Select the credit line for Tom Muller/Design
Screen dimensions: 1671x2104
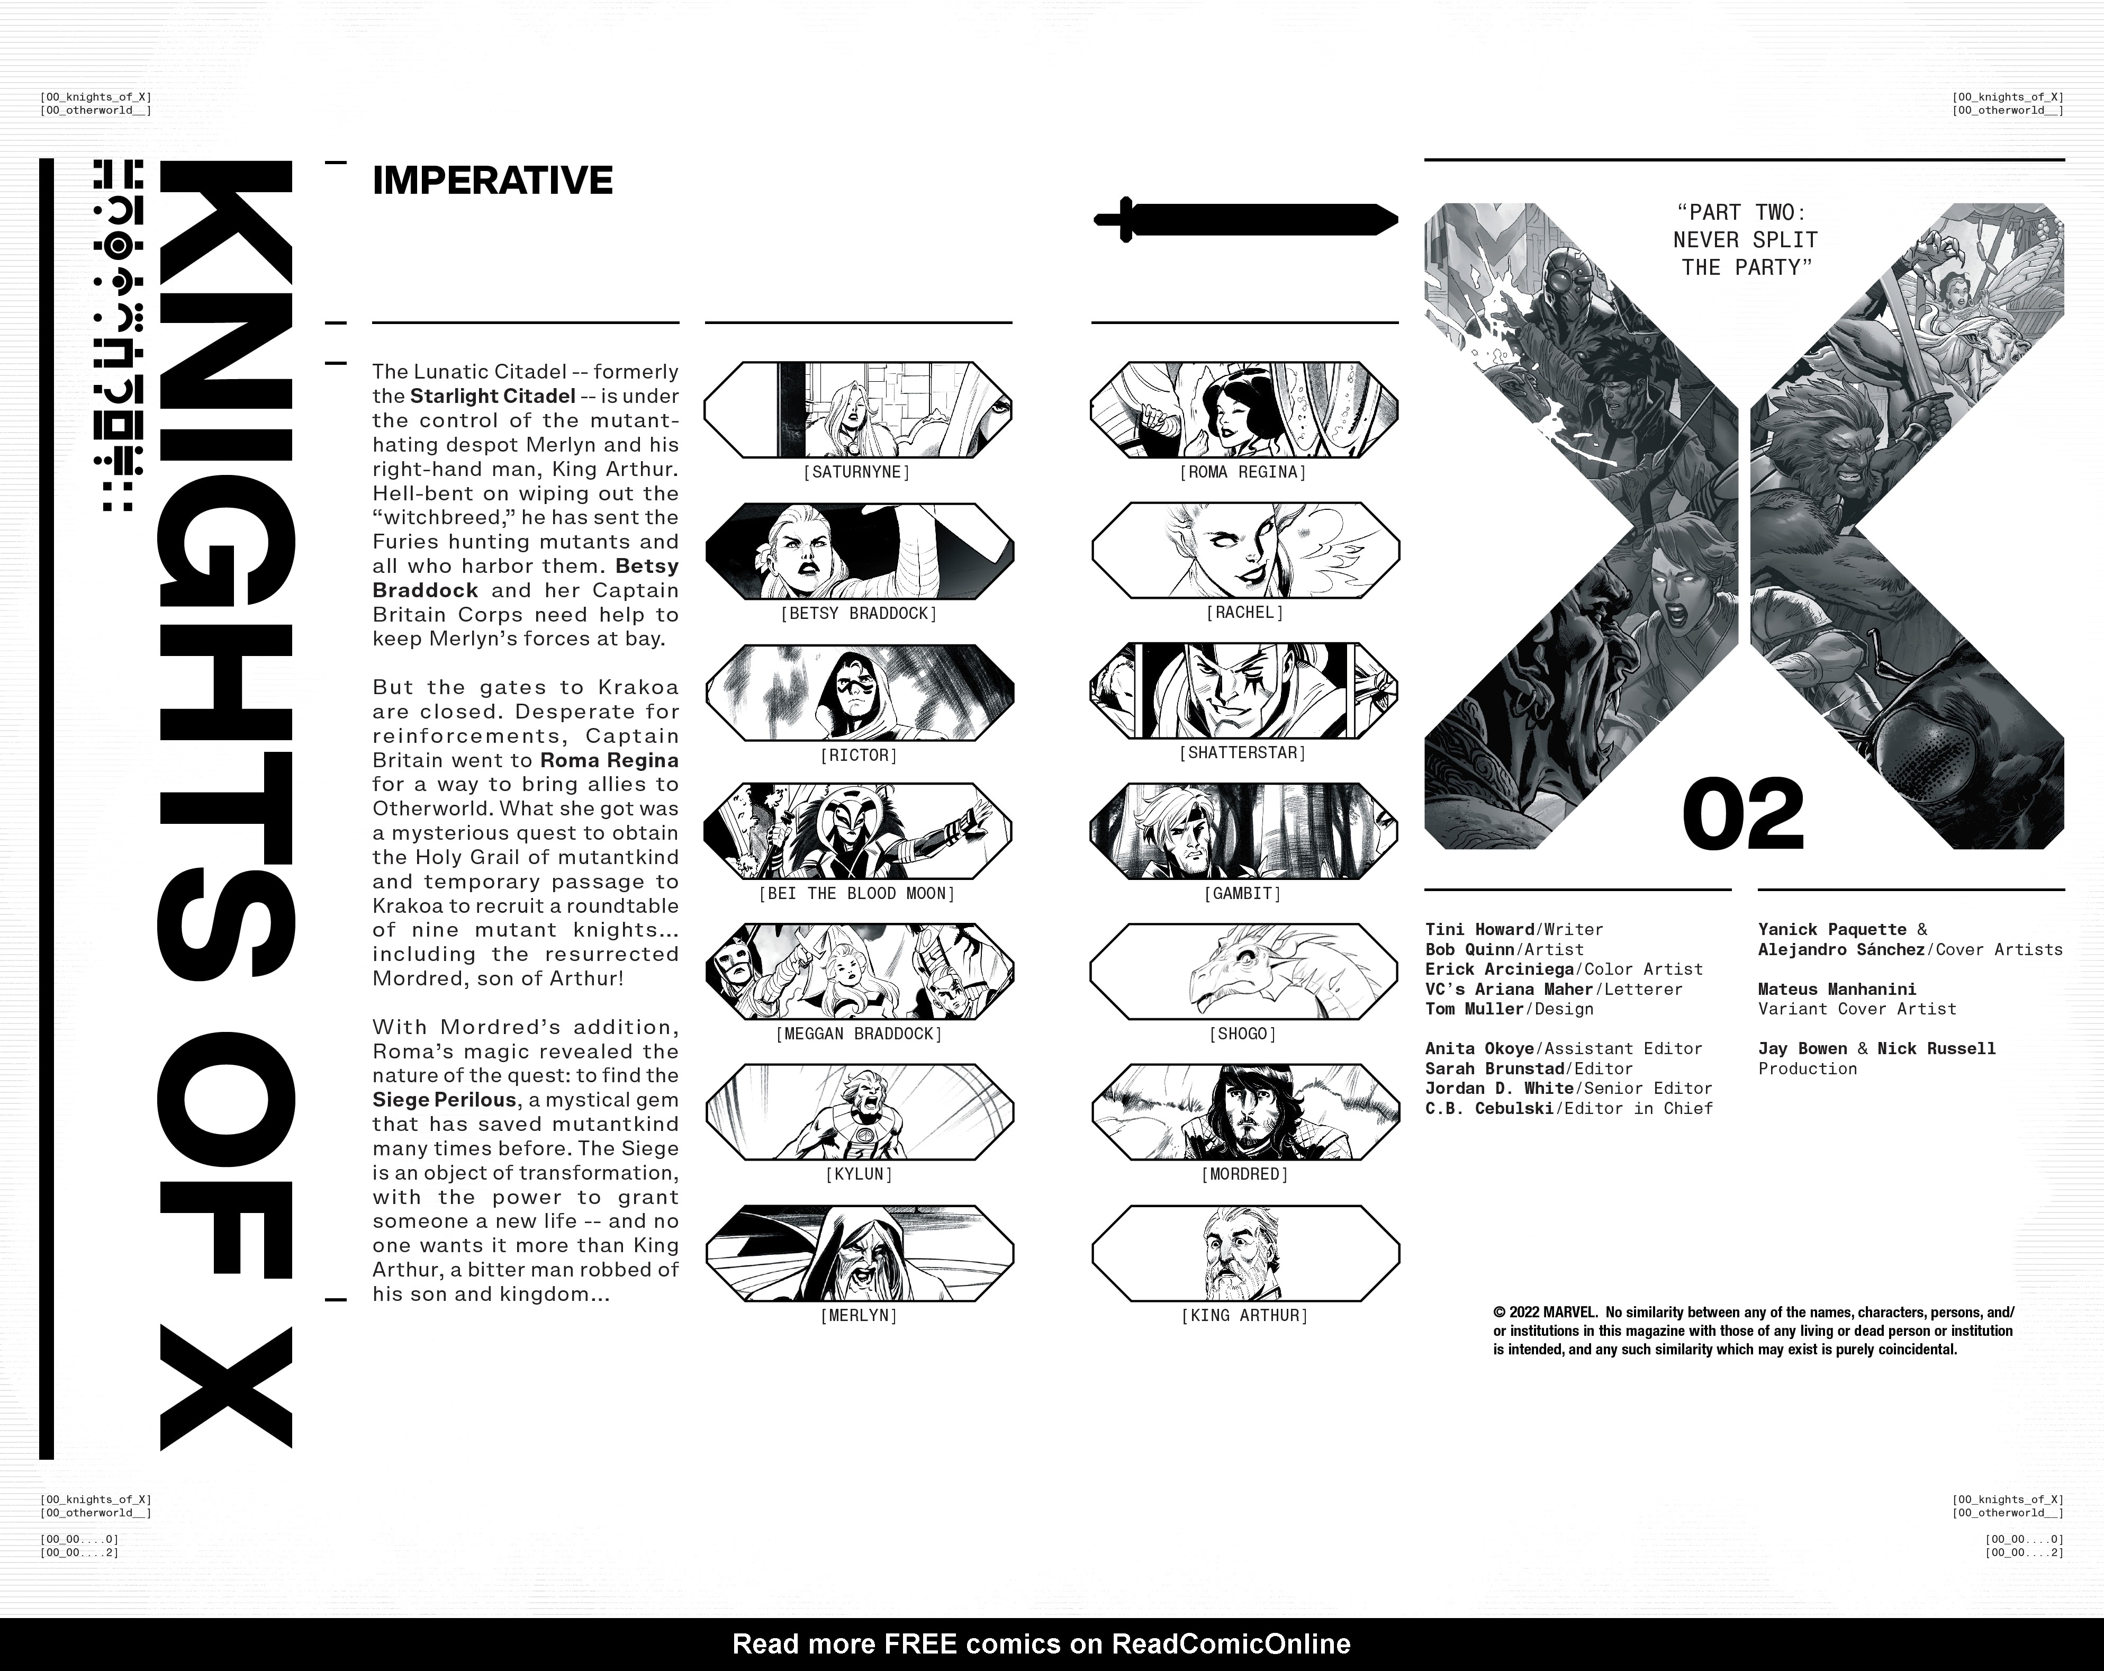(1509, 1009)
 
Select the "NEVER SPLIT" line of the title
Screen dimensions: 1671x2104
(1745, 240)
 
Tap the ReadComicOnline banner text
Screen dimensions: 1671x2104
(1041, 1643)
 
